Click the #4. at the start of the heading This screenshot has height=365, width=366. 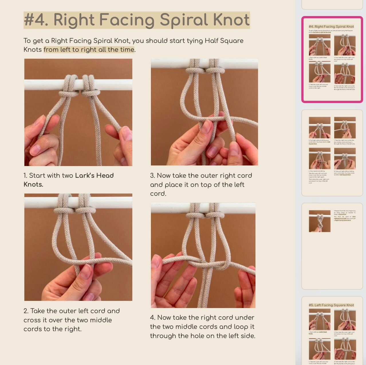pyautogui.click(x=36, y=20)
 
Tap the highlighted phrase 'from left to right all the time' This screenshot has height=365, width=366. pyautogui.click(x=89, y=50)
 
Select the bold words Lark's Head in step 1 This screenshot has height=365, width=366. pyautogui.click(x=94, y=175)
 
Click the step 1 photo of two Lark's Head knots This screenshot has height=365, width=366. pyautogui.click(x=78, y=112)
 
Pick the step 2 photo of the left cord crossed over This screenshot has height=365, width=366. pyautogui.click(x=78, y=247)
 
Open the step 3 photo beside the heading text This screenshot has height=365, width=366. pyautogui.click(x=204, y=112)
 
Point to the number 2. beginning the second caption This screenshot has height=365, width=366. pyautogui.click(x=26, y=311)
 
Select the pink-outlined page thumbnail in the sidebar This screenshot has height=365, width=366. pyautogui.click(x=332, y=59)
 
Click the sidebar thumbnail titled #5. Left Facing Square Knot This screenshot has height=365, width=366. pyautogui.click(x=332, y=331)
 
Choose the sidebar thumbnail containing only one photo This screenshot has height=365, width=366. pyautogui.click(x=332, y=246)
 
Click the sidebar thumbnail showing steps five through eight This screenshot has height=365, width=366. pyautogui.click(x=332, y=153)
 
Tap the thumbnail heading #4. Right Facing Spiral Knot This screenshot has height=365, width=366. pyautogui.click(x=331, y=27)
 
